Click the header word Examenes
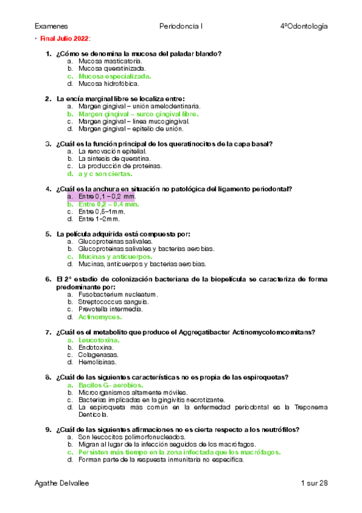51,27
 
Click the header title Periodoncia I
181,27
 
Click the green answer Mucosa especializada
115,76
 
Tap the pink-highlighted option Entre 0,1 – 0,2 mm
107,197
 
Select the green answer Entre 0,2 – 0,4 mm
109,204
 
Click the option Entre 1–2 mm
100,219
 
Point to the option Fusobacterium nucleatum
118,294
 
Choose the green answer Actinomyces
100,316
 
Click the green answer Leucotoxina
99,340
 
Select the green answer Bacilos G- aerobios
111,385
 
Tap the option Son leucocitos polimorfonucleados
132,437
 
